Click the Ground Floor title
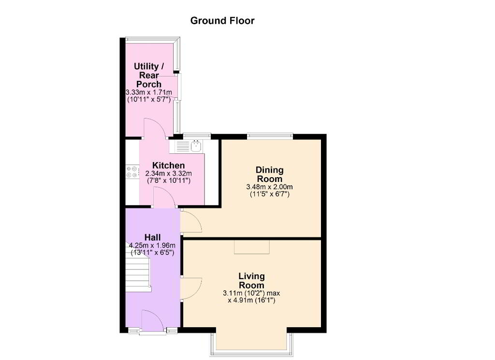(222, 20)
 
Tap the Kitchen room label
(169, 165)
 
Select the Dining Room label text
(270, 174)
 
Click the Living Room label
(251, 280)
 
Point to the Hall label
(152, 238)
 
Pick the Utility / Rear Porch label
(149, 75)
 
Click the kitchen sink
(196, 146)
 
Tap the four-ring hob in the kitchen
(132, 172)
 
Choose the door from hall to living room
(191, 288)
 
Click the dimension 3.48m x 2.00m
(269, 187)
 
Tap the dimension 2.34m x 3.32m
(169, 174)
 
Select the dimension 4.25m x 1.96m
(152, 245)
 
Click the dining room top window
(270, 136)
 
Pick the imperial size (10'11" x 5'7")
(149, 99)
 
